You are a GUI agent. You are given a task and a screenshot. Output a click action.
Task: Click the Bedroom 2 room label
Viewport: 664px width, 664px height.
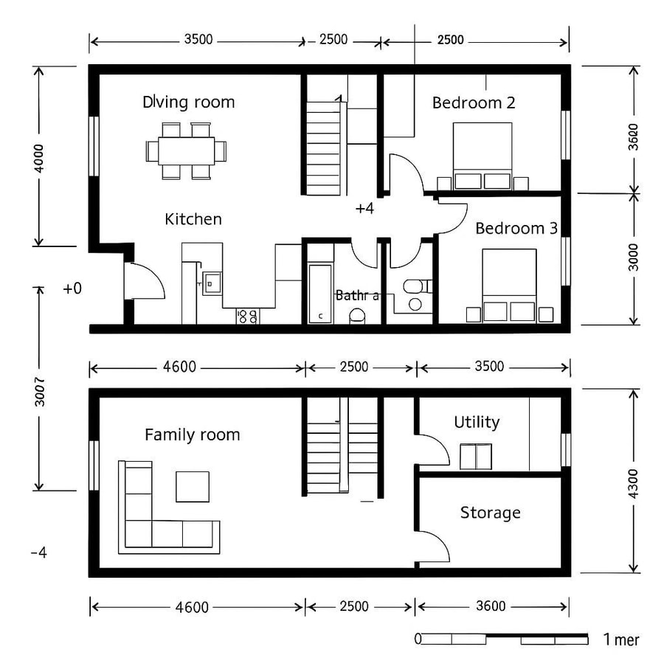coord(474,103)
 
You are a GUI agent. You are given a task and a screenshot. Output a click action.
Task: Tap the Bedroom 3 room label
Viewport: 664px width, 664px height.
coord(516,228)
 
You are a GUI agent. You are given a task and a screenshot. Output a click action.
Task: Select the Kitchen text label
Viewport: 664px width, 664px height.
coord(193,219)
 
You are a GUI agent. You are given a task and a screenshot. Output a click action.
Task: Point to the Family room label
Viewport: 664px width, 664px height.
coord(192,435)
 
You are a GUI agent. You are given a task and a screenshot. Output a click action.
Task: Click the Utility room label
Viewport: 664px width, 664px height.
coord(477,422)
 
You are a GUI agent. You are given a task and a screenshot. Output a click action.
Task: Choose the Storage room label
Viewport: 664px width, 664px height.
coord(490,512)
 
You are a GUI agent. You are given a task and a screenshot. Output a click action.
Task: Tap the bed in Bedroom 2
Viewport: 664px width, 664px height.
coord(482,156)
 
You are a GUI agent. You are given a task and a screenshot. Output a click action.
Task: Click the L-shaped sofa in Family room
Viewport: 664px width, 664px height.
coord(148,516)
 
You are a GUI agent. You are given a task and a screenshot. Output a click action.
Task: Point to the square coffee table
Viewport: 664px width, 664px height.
coord(193,486)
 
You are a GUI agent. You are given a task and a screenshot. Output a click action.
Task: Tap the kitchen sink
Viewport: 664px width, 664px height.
coord(211,283)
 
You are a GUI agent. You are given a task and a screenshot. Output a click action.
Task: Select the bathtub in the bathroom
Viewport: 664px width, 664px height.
coord(320,293)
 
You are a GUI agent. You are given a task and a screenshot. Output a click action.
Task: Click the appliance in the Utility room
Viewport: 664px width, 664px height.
coord(476,456)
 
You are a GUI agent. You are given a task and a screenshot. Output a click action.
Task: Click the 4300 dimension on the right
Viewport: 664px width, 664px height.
coord(633,481)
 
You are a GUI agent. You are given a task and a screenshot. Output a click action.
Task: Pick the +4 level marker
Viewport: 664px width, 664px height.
coord(364,209)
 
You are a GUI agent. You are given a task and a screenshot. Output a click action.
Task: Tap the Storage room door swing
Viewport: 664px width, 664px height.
coord(434,547)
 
